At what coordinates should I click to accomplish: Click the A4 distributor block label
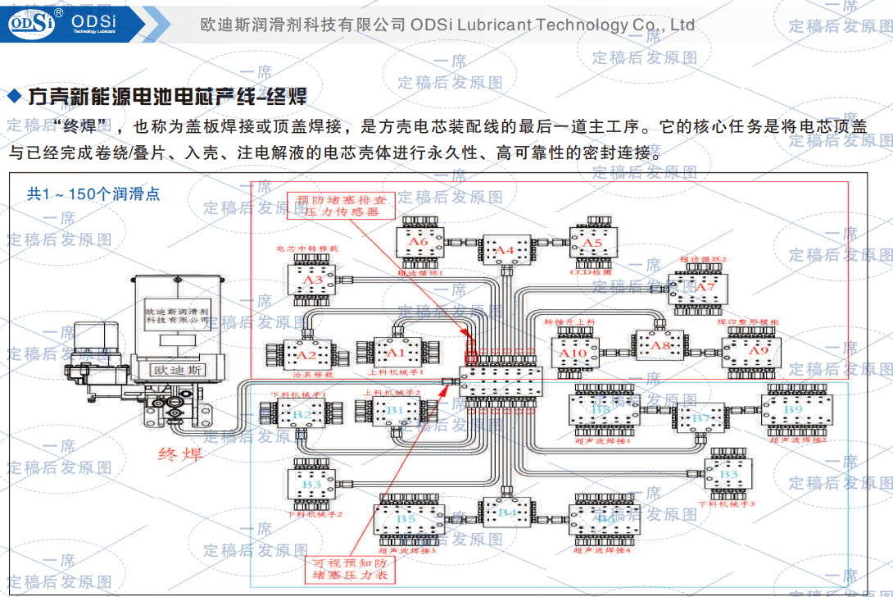pyautogui.click(x=505, y=248)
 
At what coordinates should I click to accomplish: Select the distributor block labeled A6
pyautogui.click(x=419, y=242)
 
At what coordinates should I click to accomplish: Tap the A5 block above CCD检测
pyautogui.click(x=592, y=243)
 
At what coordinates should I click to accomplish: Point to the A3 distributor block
pyautogui.click(x=312, y=280)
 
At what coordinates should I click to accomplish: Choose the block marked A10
pyautogui.click(x=573, y=353)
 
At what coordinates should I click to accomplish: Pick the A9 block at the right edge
pyautogui.click(x=759, y=351)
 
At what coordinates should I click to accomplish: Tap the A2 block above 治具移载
pyautogui.click(x=306, y=355)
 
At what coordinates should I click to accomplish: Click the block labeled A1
pyautogui.click(x=397, y=353)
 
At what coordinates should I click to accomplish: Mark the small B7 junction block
pyautogui.click(x=701, y=418)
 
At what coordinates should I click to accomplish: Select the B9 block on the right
pyautogui.click(x=793, y=409)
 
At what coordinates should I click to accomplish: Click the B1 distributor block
pyautogui.click(x=395, y=408)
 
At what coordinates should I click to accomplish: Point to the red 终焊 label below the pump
pyautogui.click(x=180, y=453)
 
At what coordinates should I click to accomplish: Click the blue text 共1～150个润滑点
pyautogui.click(x=93, y=194)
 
